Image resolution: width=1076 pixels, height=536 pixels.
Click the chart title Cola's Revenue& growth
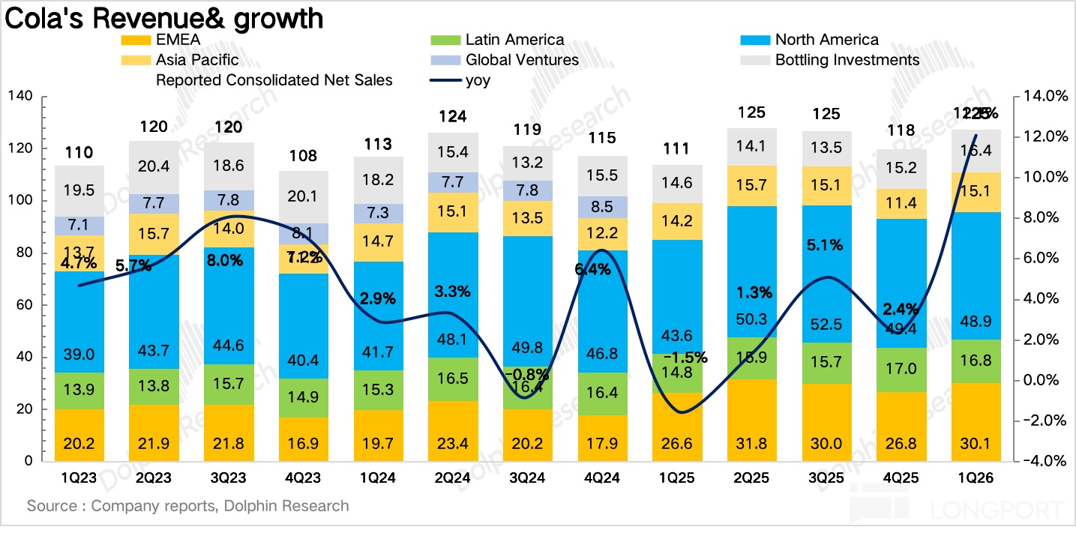tap(164, 17)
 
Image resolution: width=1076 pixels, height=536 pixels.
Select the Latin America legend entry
tap(514, 40)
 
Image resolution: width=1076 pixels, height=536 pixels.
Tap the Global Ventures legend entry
tap(522, 59)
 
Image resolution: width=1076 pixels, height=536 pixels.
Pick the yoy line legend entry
tap(478, 79)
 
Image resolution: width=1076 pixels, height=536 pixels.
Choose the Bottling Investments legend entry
tap(847, 59)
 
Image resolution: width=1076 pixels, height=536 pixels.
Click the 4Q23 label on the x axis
tap(303, 478)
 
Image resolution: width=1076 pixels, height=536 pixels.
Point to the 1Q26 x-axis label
tap(976, 478)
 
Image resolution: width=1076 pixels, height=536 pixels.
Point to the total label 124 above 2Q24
tap(453, 116)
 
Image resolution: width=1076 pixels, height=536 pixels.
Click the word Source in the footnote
tap(51, 506)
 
